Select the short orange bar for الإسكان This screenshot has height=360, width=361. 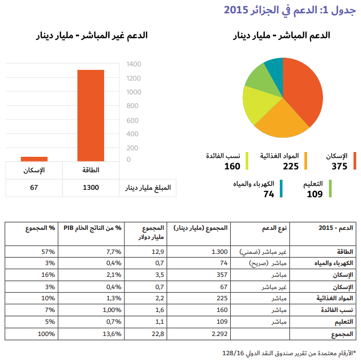pos(34,158)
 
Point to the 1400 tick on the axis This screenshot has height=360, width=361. pos(134,65)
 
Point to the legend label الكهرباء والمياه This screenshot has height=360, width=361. pos(254,184)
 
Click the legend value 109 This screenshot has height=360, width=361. pos(315,194)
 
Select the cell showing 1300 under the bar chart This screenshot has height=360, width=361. pos(91,188)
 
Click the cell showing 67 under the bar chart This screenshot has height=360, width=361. pos(34,188)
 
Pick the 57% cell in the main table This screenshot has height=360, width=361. pos(48,251)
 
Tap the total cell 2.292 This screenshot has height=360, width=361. pos(219,334)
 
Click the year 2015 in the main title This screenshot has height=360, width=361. pos(234,10)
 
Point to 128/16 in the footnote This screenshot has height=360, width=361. pos(233,353)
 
